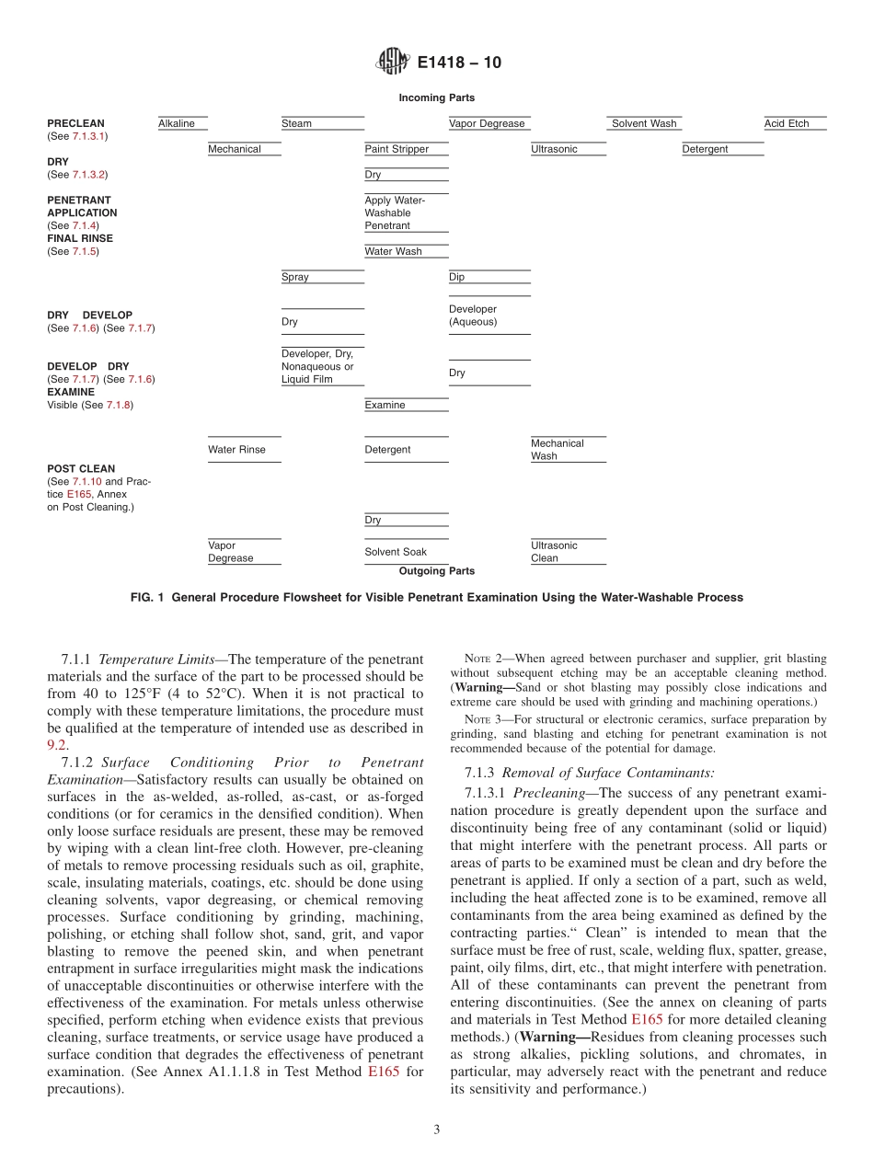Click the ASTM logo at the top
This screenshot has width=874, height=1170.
(393, 63)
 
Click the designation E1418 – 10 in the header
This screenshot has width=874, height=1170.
(459, 63)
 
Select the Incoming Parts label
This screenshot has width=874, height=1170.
(436, 97)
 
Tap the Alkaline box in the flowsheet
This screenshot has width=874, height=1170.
(181, 123)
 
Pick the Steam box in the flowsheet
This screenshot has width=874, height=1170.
(322, 123)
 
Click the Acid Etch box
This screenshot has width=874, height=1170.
(794, 123)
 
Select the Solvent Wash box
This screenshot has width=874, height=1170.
(644, 123)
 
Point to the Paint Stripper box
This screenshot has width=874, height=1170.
(406, 149)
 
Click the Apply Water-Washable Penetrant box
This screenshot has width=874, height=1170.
(406, 212)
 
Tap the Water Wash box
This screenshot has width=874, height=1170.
(406, 251)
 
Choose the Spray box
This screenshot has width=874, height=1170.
(322, 277)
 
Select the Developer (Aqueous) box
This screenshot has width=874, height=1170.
(489, 315)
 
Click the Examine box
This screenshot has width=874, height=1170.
(406, 405)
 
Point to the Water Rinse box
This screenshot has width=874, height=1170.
(244, 450)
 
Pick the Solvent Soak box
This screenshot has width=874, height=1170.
(406, 552)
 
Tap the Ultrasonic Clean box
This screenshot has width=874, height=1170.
(568, 552)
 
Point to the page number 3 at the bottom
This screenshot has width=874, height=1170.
(437, 1130)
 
